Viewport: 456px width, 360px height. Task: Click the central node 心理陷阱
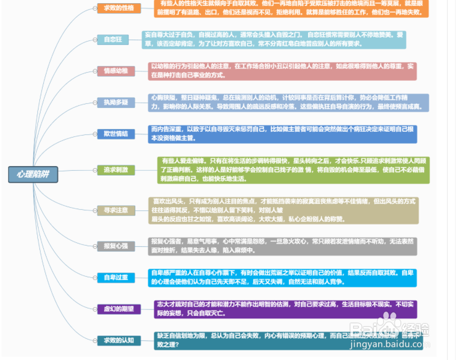pos(33,174)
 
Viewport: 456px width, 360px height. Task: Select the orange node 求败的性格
pos(119,8)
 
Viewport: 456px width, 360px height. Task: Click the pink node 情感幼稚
pos(116,71)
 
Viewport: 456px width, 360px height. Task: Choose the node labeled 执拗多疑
pos(115,102)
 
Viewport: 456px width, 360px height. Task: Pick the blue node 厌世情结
pos(116,134)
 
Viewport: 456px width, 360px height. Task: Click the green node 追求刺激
pos(116,170)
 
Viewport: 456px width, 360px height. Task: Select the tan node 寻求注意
pos(116,210)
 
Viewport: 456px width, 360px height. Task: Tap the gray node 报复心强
pos(116,246)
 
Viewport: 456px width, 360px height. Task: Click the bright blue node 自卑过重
pos(116,277)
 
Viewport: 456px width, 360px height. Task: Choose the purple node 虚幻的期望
pos(118,309)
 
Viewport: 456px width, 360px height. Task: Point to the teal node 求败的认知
pos(119,340)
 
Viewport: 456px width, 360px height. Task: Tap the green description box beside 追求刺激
pos(293,170)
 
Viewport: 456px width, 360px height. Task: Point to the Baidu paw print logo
pos(390,322)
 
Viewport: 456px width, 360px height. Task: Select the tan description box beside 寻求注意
pos(283,210)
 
